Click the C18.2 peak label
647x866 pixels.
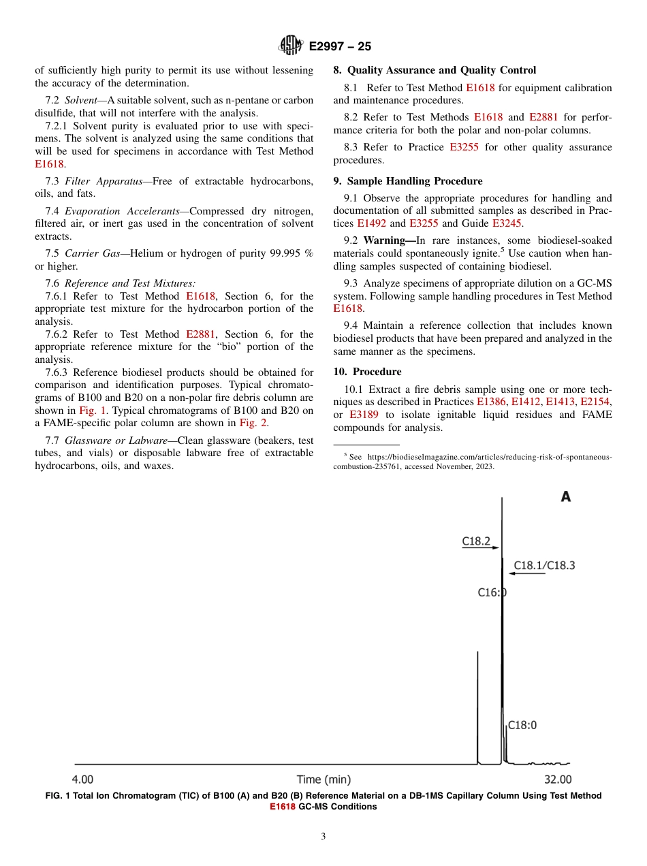coord(476,541)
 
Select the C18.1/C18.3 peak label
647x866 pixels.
coord(544,565)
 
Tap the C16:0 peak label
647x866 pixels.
coord(491,592)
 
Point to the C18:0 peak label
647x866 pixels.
coord(522,725)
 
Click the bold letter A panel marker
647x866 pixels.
coord(565,497)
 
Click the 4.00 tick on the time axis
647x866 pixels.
coord(82,780)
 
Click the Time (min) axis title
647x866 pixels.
coord(323,780)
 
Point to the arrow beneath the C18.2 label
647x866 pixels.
coord(480,549)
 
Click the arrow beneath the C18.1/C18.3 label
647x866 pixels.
coord(526,574)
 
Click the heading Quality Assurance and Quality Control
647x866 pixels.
coord(441,70)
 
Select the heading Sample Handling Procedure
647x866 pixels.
coord(415,181)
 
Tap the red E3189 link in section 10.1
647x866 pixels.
coord(364,415)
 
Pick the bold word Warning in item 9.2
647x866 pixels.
coord(388,240)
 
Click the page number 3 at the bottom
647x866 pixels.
coord(323,837)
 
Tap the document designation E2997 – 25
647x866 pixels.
coord(340,46)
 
